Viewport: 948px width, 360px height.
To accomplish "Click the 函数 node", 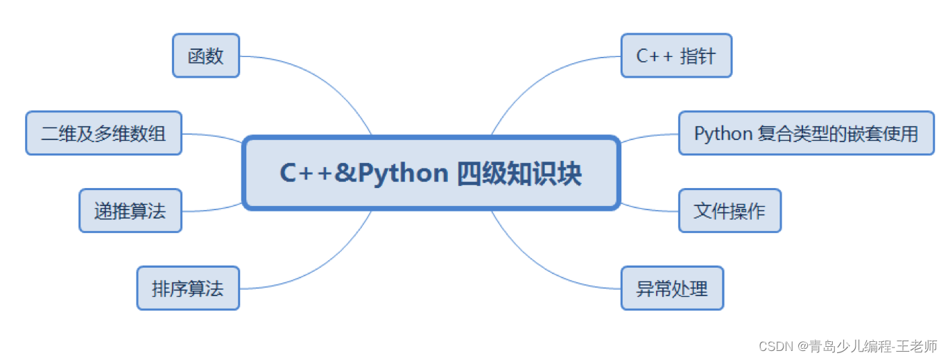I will pyautogui.click(x=206, y=55).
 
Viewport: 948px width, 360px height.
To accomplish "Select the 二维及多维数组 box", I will pyautogui.click(x=104, y=132).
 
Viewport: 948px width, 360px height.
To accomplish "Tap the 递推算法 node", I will pyautogui.click(x=130, y=210).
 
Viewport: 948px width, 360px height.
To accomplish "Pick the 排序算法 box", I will pyautogui.click(x=188, y=288).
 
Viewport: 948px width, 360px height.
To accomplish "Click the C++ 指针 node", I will pyautogui.click(x=676, y=55).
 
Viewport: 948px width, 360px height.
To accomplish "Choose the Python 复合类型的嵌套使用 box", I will pyautogui.click(x=806, y=132).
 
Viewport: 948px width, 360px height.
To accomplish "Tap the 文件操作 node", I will pyautogui.click(x=730, y=210).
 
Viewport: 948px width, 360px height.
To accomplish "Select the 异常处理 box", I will pyautogui.click(x=672, y=288).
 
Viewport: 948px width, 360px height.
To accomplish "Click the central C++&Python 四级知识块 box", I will pyautogui.click(x=431, y=173).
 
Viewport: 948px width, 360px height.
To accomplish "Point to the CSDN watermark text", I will pyautogui.click(x=774, y=345).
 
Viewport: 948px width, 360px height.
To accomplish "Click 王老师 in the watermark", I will pyautogui.click(x=920, y=345).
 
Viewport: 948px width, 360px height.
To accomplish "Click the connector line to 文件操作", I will pyautogui.click(x=650, y=209).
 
